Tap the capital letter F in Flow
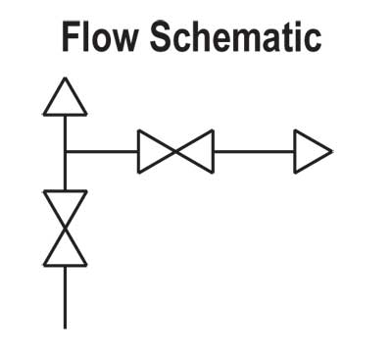(x=71, y=37)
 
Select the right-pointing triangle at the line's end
(x=312, y=152)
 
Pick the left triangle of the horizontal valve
(x=155, y=152)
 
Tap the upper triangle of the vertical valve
(x=66, y=208)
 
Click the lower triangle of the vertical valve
(x=66, y=248)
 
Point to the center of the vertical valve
(x=66, y=229)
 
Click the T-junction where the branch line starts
(x=66, y=152)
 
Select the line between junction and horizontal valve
(x=101, y=152)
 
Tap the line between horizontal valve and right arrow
(x=254, y=152)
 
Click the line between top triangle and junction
(x=66, y=132)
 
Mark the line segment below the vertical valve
(x=66, y=296)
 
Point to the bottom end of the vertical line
(x=66, y=327)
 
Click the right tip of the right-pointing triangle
(x=331, y=152)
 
